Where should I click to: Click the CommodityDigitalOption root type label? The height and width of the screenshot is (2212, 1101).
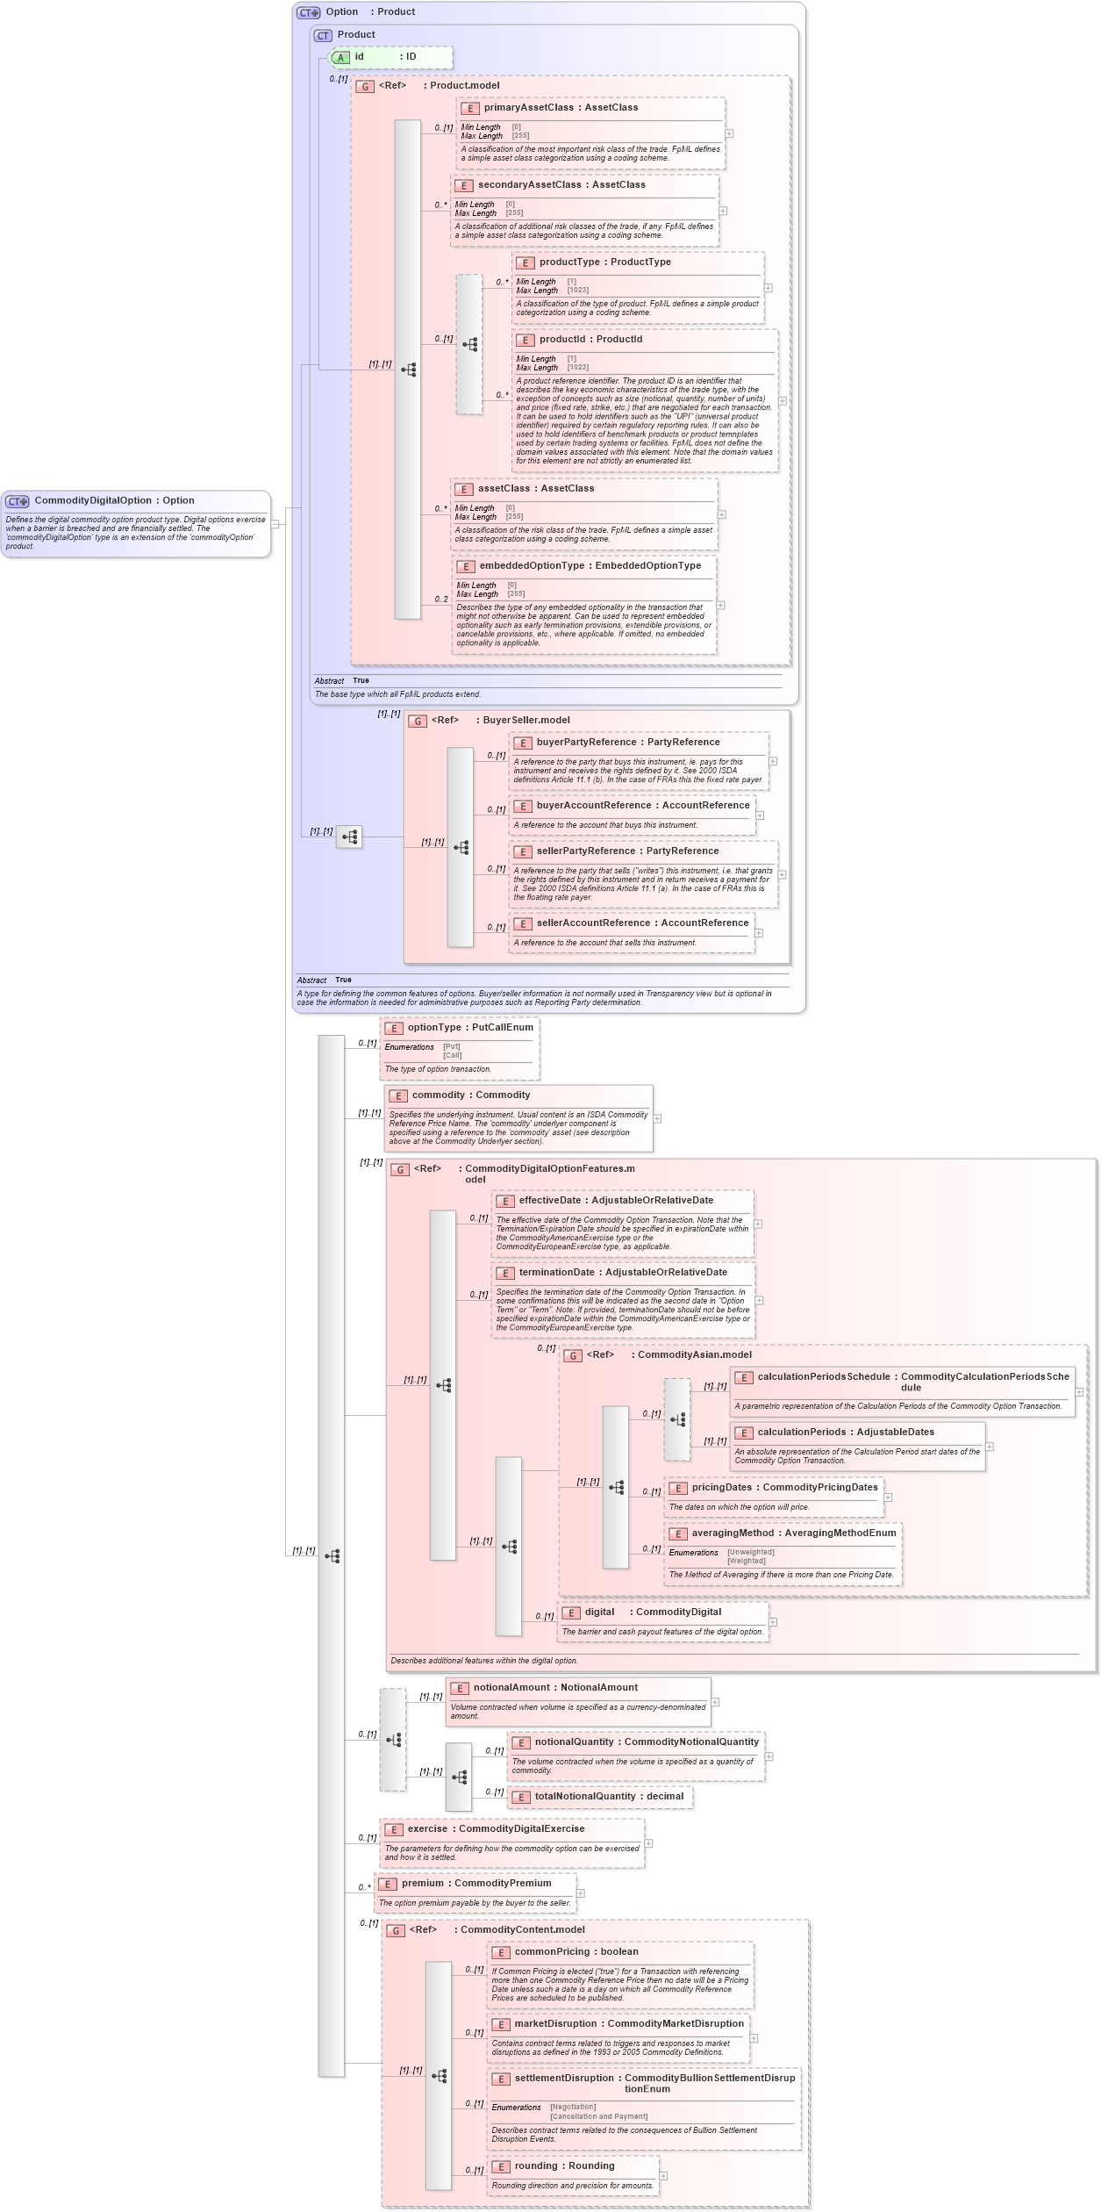click(x=114, y=500)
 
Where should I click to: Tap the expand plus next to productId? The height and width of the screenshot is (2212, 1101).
click(x=782, y=401)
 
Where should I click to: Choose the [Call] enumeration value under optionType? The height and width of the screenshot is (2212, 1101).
click(x=453, y=1055)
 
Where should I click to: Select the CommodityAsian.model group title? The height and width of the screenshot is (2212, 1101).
click(x=694, y=1354)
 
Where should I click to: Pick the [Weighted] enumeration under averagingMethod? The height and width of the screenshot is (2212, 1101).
click(x=746, y=1561)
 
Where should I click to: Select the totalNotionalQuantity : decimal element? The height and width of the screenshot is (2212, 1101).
click(x=609, y=1796)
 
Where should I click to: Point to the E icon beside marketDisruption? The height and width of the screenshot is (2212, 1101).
click(x=501, y=2024)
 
